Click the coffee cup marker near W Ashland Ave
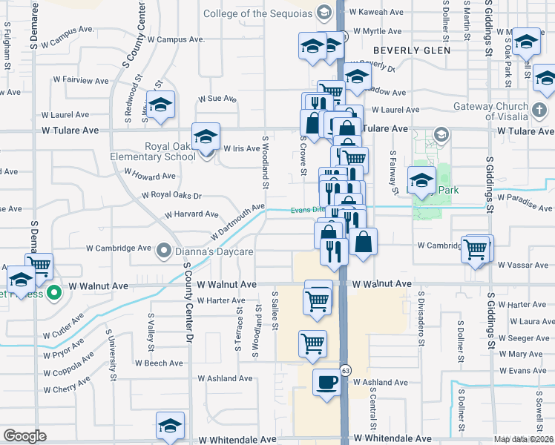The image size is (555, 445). pyautogui.click(x=326, y=383)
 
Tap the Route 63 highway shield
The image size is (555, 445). pyautogui.click(x=346, y=369)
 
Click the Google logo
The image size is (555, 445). pyautogui.click(x=24, y=436)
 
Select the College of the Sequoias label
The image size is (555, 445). pyautogui.click(x=256, y=13)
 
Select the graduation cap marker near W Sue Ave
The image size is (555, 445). pyautogui.click(x=160, y=107)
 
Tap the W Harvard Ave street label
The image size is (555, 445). pyautogui.click(x=191, y=214)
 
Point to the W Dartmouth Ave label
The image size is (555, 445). pyautogui.click(x=237, y=222)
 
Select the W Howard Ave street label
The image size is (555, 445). pyautogui.click(x=150, y=174)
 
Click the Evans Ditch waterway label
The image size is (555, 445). pyautogui.click(x=309, y=210)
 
